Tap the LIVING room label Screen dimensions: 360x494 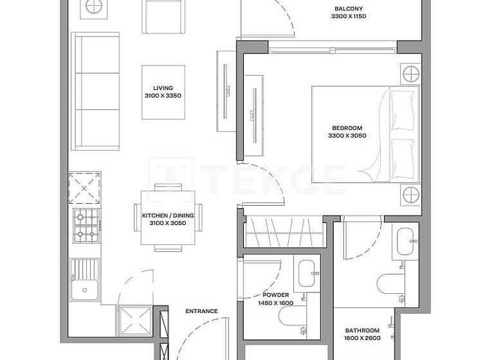click(x=163, y=88)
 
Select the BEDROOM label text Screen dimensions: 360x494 click(x=347, y=127)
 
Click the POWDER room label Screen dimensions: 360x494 click(x=275, y=295)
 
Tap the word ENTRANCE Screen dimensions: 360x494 click(x=201, y=311)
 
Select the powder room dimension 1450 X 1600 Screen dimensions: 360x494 click(x=275, y=303)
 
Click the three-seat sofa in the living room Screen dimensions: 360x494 click(x=95, y=91)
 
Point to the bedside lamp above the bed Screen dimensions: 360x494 click(x=410, y=75)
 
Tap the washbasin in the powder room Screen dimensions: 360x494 click(x=307, y=273)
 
